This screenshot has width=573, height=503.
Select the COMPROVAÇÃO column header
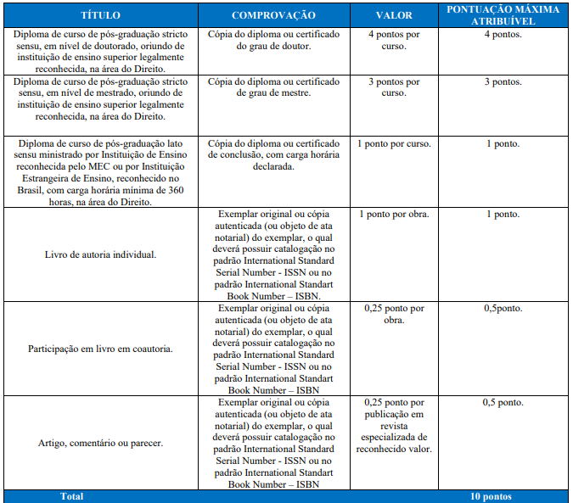click(x=273, y=15)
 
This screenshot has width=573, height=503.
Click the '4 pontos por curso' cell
click(x=393, y=41)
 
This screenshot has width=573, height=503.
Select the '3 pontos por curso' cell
click(x=393, y=87)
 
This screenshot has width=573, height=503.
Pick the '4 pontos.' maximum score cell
click(x=503, y=35)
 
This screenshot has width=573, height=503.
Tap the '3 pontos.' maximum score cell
click(x=503, y=81)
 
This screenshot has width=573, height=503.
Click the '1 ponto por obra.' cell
click(x=393, y=214)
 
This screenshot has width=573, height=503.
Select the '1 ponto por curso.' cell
click(x=393, y=143)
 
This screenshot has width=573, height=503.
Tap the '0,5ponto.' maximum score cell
click(x=503, y=308)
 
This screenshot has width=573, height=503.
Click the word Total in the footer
click(x=72, y=496)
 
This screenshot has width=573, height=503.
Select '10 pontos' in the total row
click(x=492, y=496)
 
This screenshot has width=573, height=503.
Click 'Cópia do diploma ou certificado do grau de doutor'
click(x=273, y=41)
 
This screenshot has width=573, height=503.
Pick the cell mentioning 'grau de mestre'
click(x=273, y=87)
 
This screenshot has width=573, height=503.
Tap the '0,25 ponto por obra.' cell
click(x=393, y=314)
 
